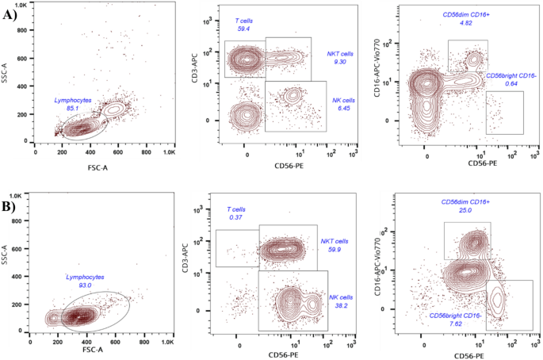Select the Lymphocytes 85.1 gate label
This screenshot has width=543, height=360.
pos(72,104)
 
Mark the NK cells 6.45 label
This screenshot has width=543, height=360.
pos(342,104)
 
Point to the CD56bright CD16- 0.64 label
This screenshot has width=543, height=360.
pos(511,79)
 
